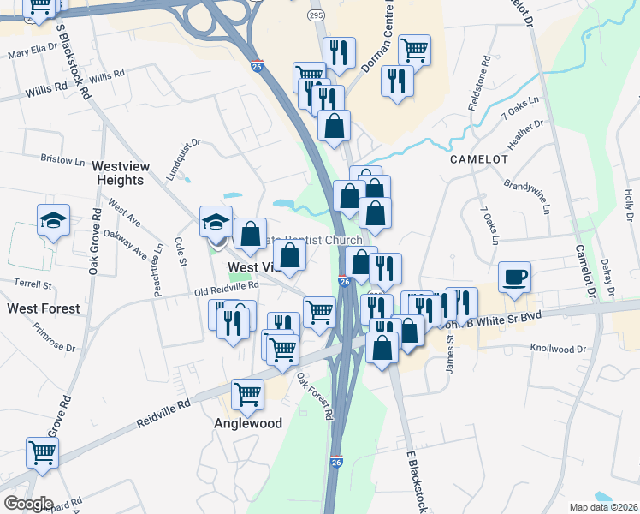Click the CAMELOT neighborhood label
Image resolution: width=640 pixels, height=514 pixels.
click(479, 159)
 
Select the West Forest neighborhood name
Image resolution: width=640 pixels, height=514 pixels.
click(44, 308)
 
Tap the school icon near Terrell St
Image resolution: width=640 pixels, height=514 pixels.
click(53, 221)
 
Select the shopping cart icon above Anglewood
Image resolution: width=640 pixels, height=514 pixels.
click(247, 395)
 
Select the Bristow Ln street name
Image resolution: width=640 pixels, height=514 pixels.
click(62, 159)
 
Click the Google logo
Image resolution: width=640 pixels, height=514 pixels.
click(28, 504)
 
